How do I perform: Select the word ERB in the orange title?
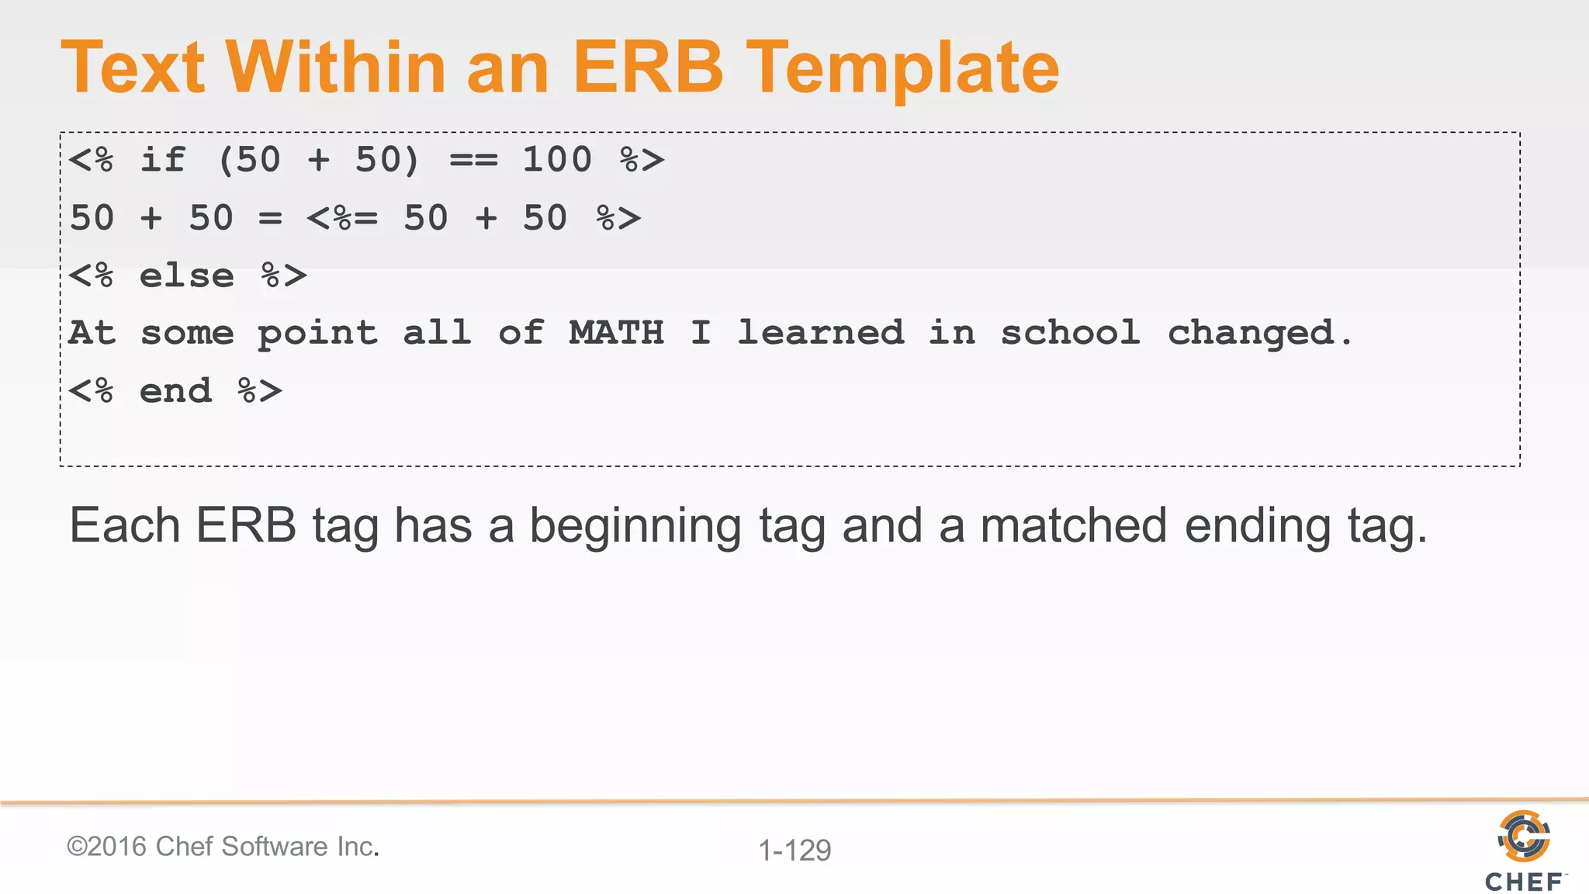(x=648, y=68)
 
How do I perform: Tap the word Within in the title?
(x=335, y=68)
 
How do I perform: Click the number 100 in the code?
(x=557, y=160)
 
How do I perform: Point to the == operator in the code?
(x=473, y=161)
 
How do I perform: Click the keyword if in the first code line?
(x=163, y=160)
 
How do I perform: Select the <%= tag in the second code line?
(x=342, y=218)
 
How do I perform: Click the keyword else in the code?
(x=187, y=275)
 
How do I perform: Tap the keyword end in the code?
(x=175, y=391)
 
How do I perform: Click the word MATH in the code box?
(x=617, y=333)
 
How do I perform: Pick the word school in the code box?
(x=1070, y=333)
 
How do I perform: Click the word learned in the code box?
(x=820, y=333)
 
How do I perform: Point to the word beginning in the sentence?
(x=635, y=527)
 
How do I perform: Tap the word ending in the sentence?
(x=1258, y=527)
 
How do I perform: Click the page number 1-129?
(x=794, y=851)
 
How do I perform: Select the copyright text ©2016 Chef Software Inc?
(x=223, y=846)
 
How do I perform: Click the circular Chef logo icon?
(x=1524, y=836)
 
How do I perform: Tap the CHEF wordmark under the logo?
(x=1524, y=882)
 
